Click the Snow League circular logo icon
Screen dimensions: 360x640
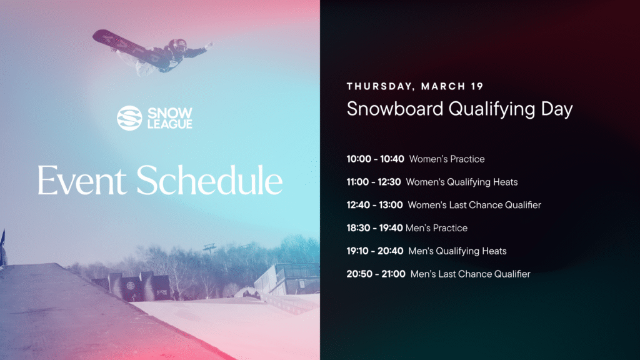(129, 118)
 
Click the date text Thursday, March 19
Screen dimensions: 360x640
(415, 86)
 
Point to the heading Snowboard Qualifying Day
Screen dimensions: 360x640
(459, 109)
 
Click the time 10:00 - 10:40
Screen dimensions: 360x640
(376, 159)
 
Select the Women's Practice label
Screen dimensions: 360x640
(447, 159)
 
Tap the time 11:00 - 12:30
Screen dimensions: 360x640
(374, 182)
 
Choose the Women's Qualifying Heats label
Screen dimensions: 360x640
(462, 182)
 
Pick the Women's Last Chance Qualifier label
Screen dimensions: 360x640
(474, 205)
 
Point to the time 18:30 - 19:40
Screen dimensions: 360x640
(374, 228)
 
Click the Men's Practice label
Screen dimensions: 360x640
(437, 228)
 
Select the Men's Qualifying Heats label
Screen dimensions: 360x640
(457, 251)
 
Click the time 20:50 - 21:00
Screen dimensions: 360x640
(376, 274)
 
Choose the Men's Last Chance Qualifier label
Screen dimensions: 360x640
(471, 274)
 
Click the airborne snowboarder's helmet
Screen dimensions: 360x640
(177, 44)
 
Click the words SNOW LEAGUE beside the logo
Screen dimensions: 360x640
(169, 118)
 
